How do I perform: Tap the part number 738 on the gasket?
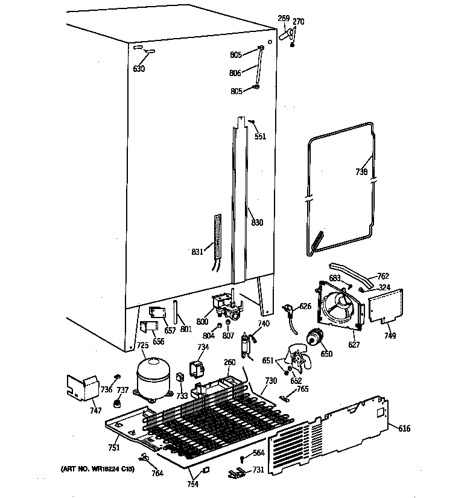[x=361, y=172]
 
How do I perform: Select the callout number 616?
[x=404, y=428]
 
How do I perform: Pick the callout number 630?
[x=139, y=69]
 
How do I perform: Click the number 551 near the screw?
[x=259, y=136]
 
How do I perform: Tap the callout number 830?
[x=257, y=223]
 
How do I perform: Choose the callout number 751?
[x=114, y=447]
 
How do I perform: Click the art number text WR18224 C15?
[x=96, y=468]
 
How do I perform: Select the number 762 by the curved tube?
[x=383, y=276]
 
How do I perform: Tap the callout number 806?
[x=235, y=73]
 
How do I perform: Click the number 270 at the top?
[x=299, y=22]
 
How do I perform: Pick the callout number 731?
[x=258, y=470]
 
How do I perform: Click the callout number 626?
[x=305, y=306]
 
